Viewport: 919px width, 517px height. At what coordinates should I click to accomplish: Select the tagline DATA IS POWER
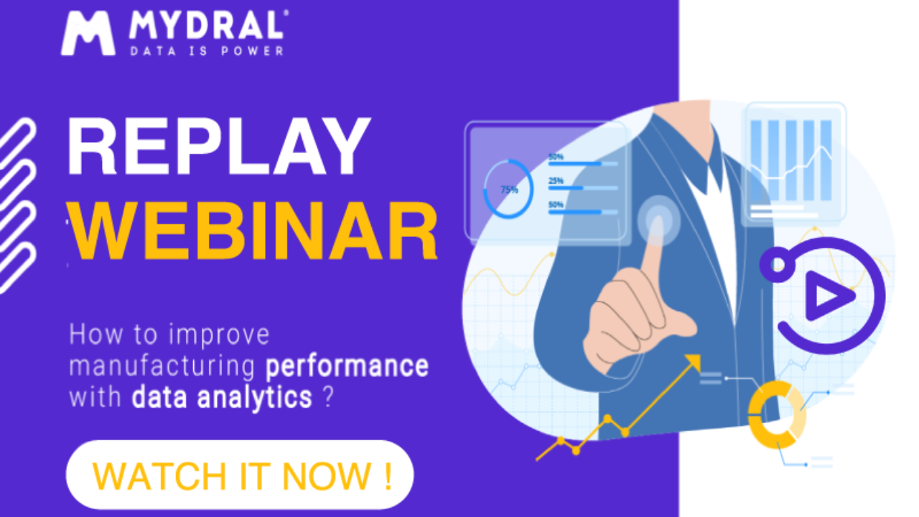tap(206, 50)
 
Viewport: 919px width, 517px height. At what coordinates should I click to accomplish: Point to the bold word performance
tap(347, 365)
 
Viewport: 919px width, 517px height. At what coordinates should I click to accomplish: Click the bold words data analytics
tap(222, 397)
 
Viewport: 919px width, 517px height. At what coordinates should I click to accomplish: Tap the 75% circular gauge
tap(508, 189)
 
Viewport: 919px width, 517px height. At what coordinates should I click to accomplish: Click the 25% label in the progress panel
tap(556, 181)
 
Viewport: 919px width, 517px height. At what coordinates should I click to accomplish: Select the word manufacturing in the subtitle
tap(162, 366)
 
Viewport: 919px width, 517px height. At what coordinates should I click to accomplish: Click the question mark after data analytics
tap(328, 397)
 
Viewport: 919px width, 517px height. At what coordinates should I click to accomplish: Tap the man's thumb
tap(672, 327)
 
